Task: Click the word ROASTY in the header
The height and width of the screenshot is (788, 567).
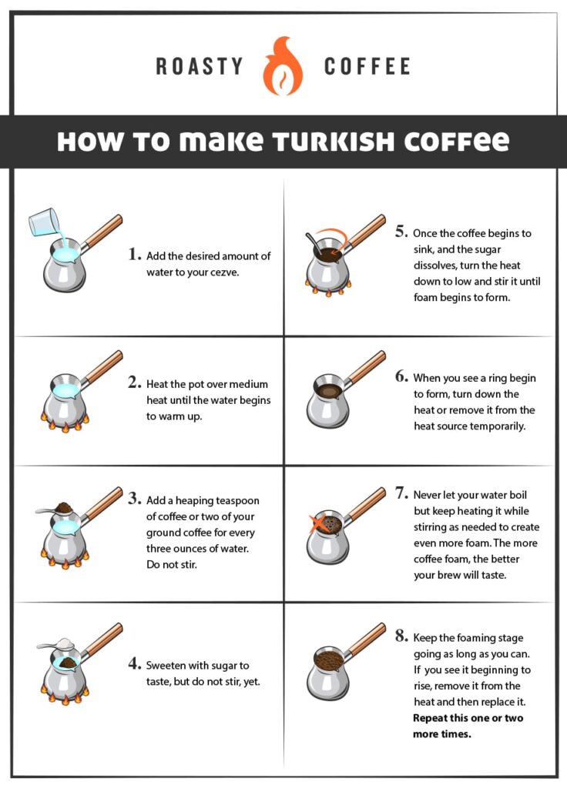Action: coord(200,66)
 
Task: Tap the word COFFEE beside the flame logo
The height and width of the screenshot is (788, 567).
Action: coord(367,66)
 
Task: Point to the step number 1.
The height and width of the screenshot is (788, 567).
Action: coord(135,254)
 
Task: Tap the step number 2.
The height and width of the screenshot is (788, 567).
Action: coord(135,382)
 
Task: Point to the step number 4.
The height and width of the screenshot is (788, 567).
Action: coord(135,663)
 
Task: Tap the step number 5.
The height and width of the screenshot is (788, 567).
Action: coord(400,231)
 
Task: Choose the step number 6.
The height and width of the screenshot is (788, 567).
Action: coord(401,376)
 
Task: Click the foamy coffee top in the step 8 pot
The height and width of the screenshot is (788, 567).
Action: coord(330,659)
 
